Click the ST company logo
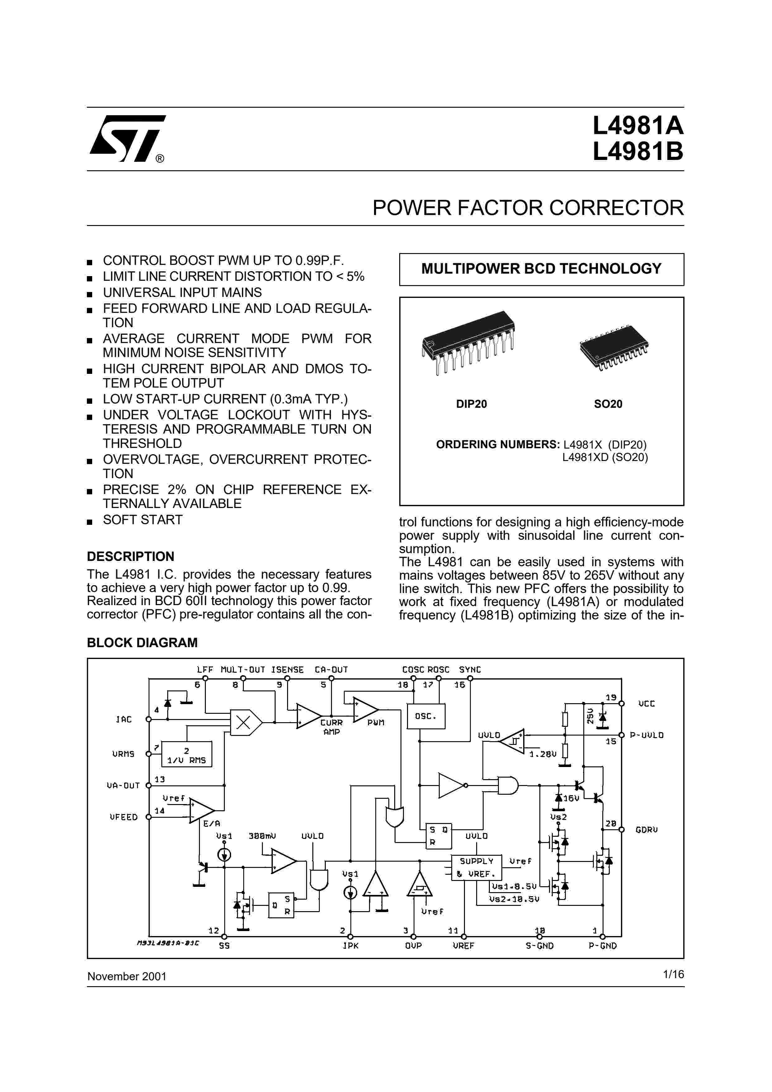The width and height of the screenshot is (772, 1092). (127, 139)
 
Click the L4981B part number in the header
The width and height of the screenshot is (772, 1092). (637, 152)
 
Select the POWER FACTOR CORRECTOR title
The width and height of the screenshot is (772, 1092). (528, 208)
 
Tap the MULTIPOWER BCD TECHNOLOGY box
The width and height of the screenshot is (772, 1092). (541, 269)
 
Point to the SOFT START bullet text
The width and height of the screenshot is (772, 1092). (143, 520)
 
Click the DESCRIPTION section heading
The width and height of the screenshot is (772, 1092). (130, 557)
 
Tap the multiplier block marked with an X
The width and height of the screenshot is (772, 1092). (244, 723)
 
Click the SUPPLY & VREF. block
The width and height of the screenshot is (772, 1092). (476, 867)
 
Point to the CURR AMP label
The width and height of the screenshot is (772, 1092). (332, 727)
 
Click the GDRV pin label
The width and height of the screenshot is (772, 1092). (646, 830)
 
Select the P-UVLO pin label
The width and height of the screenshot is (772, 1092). (646, 735)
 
